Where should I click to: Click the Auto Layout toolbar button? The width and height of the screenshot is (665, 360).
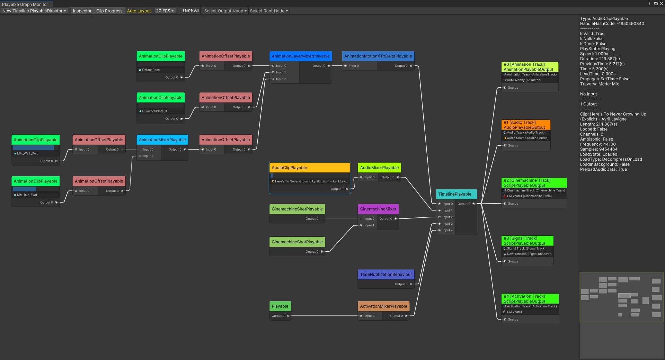(x=139, y=11)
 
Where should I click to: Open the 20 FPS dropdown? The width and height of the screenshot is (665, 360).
(x=165, y=11)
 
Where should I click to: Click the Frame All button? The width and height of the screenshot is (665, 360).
(x=189, y=10)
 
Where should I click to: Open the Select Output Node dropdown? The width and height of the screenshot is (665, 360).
(x=225, y=11)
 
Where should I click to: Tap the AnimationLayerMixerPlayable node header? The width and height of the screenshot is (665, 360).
(x=300, y=56)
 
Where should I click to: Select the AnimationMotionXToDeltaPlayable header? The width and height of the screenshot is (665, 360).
(x=378, y=56)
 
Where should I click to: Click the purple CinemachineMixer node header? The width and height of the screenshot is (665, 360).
(x=378, y=209)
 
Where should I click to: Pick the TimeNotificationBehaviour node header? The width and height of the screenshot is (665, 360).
(x=385, y=274)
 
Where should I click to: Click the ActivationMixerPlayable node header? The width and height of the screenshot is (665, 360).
(x=383, y=306)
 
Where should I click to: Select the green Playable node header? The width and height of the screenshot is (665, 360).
(x=280, y=306)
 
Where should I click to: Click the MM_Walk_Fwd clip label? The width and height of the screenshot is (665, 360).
(x=28, y=153)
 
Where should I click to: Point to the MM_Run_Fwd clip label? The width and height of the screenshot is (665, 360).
(x=27, y=195)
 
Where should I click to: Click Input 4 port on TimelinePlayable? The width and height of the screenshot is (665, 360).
(x=440, y=230)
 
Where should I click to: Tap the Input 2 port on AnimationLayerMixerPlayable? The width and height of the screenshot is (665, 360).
(x=273, y=79)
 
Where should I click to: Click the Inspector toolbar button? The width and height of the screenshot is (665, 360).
(x=82, y=11)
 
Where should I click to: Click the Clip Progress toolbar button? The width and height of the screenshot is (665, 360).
(x=109, y=11)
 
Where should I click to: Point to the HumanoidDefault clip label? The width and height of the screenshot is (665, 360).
(x=154, y=111)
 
